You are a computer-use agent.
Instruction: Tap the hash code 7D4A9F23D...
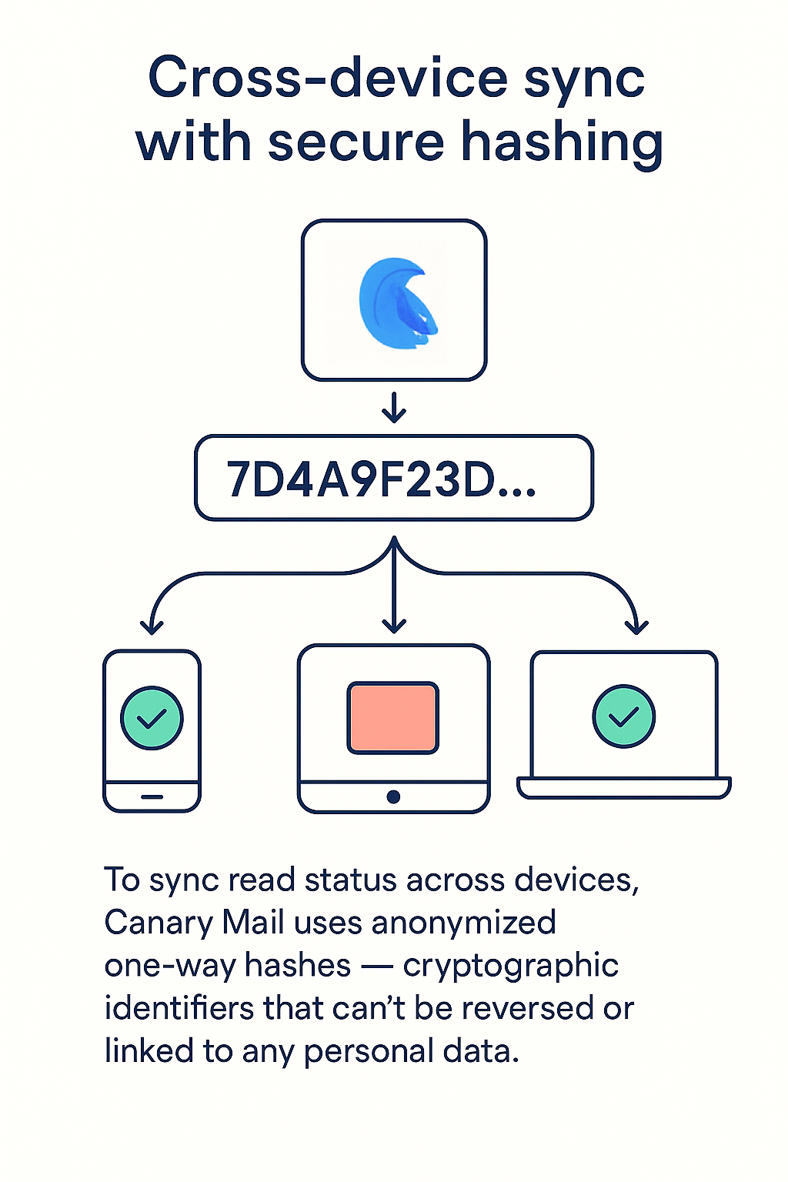coord(380,479)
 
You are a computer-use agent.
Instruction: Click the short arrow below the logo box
coord(394,408)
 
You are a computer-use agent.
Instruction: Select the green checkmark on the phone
coord(152,718)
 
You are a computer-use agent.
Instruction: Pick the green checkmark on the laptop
coord(623,716)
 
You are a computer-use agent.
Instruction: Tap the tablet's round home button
coord(393,797)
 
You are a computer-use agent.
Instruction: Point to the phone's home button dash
coord(152,797)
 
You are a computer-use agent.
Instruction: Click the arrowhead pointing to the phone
coord(152,625)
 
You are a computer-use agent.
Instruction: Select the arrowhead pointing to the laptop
coord(636,625)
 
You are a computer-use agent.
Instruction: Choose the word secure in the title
coord(356,143)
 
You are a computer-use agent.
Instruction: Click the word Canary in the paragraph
coord(158,922)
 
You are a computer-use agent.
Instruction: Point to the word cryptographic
coord(510,965)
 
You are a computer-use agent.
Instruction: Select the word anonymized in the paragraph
coord(463,922)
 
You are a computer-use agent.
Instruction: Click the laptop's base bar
coord(623,788)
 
